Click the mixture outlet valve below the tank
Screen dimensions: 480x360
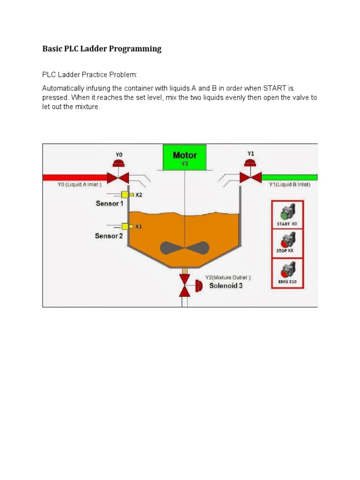pos(185,285)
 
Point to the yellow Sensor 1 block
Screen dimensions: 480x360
pos(125,195)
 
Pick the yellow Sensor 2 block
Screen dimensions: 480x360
pos(125,226)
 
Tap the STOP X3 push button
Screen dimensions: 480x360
pos(285,242)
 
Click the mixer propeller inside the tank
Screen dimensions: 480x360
pos(185,248)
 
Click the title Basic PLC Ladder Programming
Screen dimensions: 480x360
pos(102,49)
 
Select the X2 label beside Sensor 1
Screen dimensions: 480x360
pos(139,195)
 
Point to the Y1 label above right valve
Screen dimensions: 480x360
pos(251,153)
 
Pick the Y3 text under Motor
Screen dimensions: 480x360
pos(185,164)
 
